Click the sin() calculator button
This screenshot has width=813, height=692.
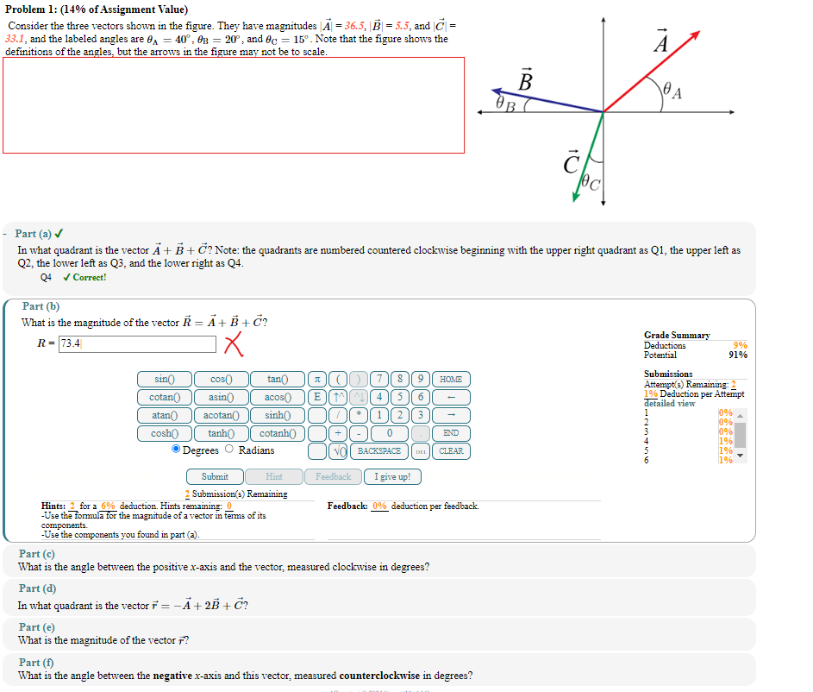tap(164, 379)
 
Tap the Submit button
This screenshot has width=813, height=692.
tap(215, 476)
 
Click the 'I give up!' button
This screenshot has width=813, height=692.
tap(392, 476)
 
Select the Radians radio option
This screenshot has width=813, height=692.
tap(229, 450)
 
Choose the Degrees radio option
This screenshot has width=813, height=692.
tap(176, 450)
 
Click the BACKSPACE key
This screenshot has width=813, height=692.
tap(379, 450)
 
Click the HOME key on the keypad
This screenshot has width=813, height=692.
tap(451, 379)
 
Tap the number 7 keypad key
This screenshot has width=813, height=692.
tap(381, 379)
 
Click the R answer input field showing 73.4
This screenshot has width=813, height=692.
tap(136, 343)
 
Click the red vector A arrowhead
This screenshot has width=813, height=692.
tap(693, 36)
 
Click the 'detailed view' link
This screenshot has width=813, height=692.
tap(669, 404)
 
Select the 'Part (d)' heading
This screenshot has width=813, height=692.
tap(38, 588)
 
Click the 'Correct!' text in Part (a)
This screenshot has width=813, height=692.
tap(89, 278)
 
